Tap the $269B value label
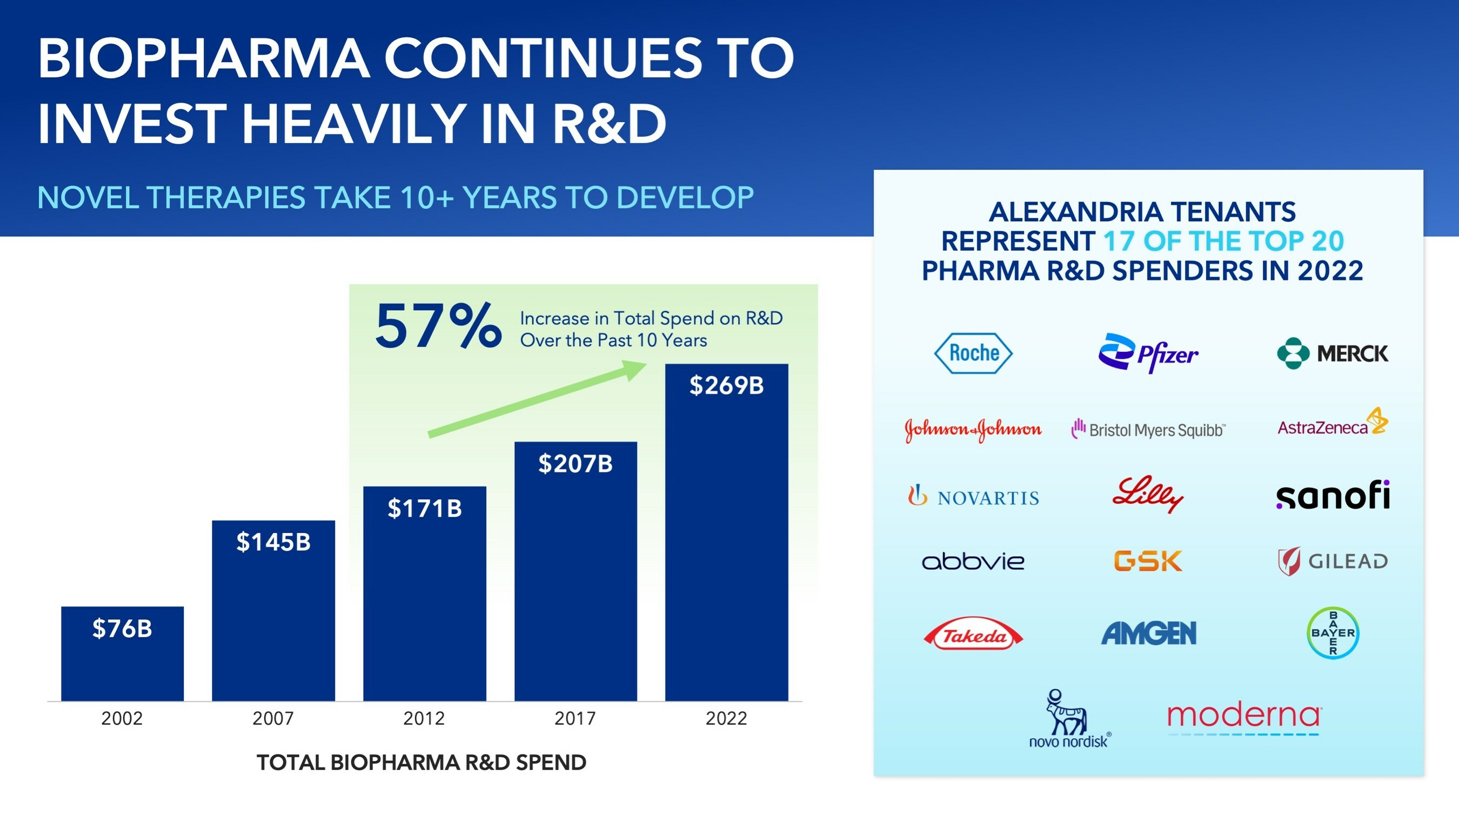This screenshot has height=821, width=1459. [x=726, y=386]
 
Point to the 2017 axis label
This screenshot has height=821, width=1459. [x=575, y=718]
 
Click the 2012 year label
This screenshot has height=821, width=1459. [x=424, y=718]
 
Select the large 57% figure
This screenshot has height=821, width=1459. [x=438, y=327]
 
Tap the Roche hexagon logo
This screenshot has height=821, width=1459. [x=973, y=353]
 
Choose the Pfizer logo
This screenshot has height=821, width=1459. [x=1148, y=353]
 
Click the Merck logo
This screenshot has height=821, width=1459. [x=1332, y=353]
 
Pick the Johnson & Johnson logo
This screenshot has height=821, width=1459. [x=973, y=430]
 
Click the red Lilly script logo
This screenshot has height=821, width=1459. [x=1148, y=494]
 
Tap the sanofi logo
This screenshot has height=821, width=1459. [x=1333, y=495]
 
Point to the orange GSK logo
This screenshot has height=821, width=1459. [x=1148, y=561]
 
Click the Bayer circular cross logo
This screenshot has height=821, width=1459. [x=1333, y=632]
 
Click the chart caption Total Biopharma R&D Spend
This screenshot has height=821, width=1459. [x=421, y=763]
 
